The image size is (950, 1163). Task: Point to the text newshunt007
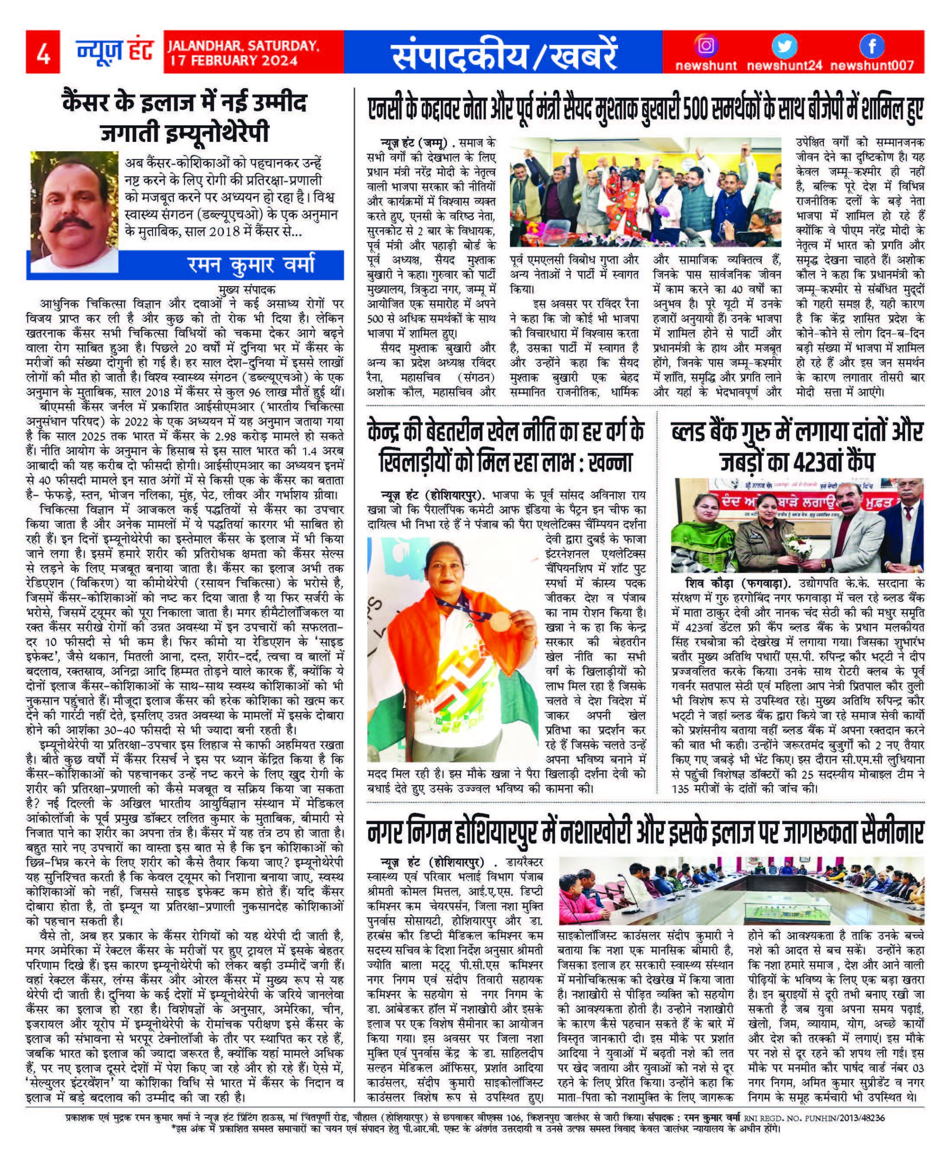[871, 66]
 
